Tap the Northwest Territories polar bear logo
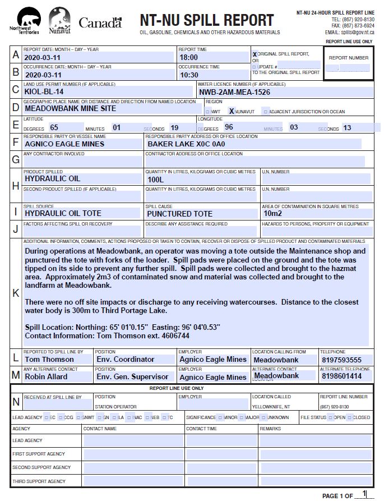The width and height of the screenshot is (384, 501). pos(25,19)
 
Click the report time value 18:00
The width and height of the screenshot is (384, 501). pos(189,57)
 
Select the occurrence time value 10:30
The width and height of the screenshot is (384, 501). pos(189,75)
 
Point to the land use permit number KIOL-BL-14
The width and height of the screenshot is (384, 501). pos(44,91)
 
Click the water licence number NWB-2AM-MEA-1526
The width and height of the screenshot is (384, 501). pos(234,91)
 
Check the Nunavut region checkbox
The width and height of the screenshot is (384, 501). pos(231,111)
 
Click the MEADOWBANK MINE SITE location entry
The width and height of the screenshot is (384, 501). pos(71,108)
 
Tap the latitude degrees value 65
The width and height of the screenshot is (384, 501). pos(54,127)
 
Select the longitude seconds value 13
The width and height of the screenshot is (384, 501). pos(347,128)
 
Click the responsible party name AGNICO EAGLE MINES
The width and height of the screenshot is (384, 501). pos(64,144)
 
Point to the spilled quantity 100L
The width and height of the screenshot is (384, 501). pos(155,180)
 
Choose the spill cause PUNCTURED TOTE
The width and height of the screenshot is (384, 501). pos(179,214)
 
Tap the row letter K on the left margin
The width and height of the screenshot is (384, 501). pos(15,293)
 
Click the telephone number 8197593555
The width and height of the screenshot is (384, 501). pos(341,360)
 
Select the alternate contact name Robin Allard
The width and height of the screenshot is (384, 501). pos(46,376)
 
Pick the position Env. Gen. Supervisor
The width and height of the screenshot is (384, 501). pos(132,377)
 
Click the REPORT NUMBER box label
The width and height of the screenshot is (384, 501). pos(348,58)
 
